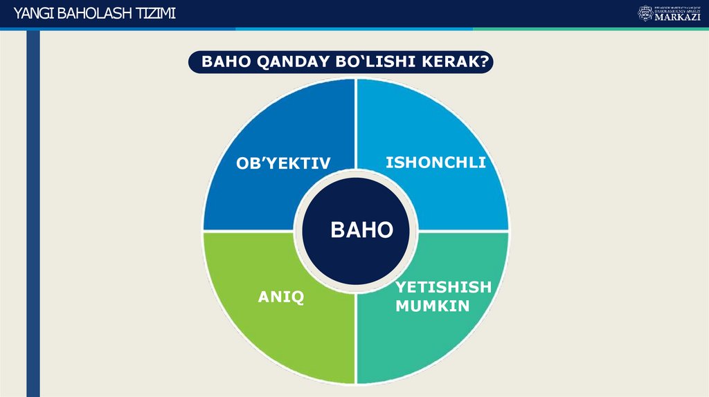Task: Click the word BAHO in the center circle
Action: tap(361, 230)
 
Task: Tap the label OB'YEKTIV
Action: tap(283, 163)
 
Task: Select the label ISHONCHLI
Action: tap(436, 163)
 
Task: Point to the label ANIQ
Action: tap(281, 297)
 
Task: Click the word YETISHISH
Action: tap(443, 287)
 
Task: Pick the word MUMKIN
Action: tap(433, 305)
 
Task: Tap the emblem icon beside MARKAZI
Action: tap(645, 13)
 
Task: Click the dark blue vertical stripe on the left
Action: tap(33, 207)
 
